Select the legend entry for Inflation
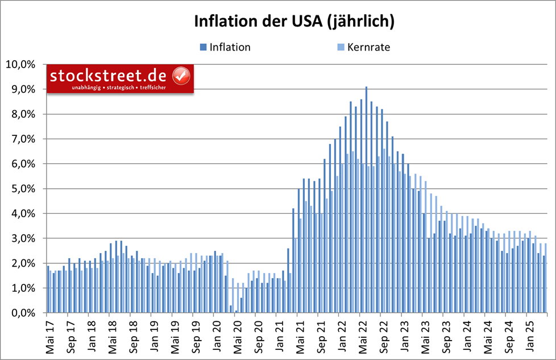tap(230, 47)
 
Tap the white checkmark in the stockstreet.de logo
tap(181, 75)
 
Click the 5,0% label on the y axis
tap(23, 189)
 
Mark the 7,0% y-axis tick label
tap(23, 139)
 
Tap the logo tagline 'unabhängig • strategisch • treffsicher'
tap(119, 88)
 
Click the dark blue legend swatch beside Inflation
tap(202, 47)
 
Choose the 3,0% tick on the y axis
tap(23, 238)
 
